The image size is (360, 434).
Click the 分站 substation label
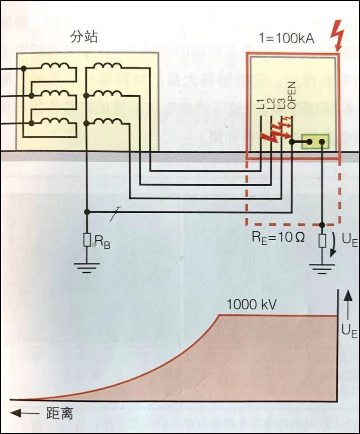click(84, 37)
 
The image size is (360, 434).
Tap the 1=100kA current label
click(286, 39)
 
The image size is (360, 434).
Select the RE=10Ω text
click(278, 237)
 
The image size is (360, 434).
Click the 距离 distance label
click(59, 414)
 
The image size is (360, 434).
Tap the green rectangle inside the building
click(315, 141)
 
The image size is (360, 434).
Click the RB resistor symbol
click(87, 240)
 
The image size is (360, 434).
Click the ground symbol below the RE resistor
click(322, 269)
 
